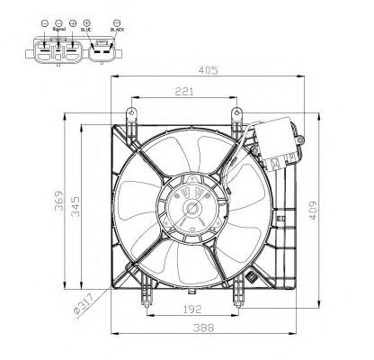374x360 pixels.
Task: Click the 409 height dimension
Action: point(314,209)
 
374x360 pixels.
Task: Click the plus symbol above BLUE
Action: point(85,21)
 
